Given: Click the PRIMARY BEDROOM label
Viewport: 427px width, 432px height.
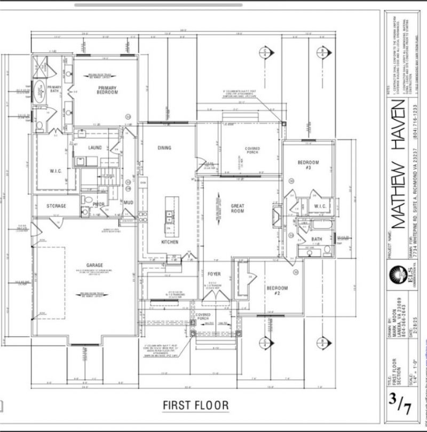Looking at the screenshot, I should point(107,89).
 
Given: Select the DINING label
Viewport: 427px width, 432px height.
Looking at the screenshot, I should point(164,148).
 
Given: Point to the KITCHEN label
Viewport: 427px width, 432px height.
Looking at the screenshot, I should point(169,242).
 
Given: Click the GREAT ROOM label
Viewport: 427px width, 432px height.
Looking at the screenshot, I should point(237,208).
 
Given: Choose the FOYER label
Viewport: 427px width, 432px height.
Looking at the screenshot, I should point(214,274).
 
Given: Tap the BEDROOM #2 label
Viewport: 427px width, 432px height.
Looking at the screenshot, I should point(277,291).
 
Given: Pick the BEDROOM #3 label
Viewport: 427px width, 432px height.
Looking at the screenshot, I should point(308,165).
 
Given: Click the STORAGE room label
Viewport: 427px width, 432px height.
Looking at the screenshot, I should point(56,206).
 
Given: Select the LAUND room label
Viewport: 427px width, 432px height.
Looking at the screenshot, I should point(95,148).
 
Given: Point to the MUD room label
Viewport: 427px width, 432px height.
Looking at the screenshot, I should point(128,203).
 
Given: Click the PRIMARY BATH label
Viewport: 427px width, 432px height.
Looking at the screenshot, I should point(54,89).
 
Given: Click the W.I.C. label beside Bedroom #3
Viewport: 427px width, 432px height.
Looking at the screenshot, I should point(320,206).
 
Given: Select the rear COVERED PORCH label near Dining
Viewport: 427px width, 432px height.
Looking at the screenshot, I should point(252,150).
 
